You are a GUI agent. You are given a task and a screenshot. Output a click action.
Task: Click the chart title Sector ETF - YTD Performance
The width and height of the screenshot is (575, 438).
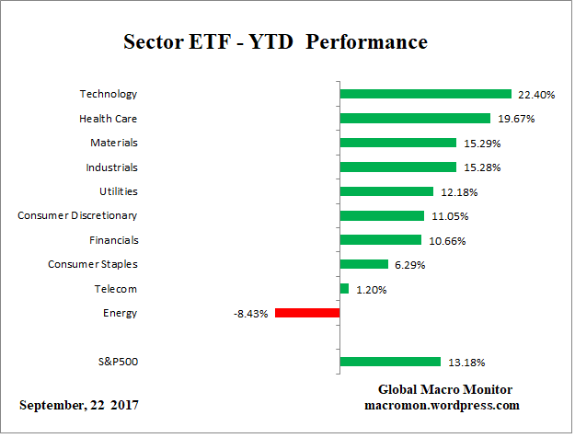point(275,42)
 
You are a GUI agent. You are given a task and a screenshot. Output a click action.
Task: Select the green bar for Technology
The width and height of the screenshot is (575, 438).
point(425,94)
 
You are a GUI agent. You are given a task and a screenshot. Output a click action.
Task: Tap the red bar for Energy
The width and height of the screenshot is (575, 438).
point(306,313)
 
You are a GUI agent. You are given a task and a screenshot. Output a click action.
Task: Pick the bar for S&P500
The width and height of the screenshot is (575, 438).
point(390,362)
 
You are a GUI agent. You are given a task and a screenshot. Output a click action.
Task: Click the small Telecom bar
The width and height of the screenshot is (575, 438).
point(344,289)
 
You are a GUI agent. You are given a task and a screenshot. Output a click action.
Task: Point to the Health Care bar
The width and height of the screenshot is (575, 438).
point(414,118)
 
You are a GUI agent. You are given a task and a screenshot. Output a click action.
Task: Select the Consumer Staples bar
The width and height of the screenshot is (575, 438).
point(363,264)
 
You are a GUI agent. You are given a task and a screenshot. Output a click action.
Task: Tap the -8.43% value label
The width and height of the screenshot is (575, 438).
point(250,314)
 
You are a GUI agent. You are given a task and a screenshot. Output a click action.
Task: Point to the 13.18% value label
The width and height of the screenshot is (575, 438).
point(465,362)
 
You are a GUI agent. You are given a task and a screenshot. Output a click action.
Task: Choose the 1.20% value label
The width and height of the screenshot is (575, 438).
point(370,289)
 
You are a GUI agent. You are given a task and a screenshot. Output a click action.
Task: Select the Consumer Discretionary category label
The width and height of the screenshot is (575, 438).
point(77,215)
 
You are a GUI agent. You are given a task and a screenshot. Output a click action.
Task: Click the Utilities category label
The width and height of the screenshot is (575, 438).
point(118,191)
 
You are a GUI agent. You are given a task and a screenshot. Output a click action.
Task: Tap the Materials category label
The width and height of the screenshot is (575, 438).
point(113,143)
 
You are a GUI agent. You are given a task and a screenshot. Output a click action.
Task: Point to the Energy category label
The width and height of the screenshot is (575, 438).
point(120,313)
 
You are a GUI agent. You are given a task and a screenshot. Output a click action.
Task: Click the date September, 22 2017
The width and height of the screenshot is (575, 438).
point(80,406)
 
